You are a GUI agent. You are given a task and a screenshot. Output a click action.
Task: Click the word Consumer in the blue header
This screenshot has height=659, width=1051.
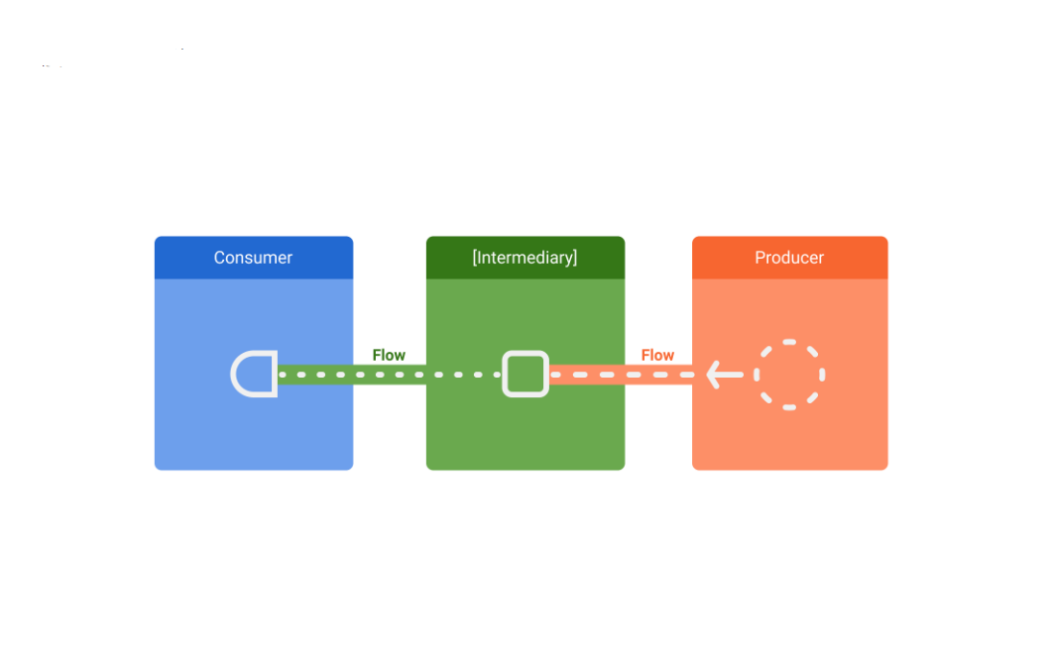253,258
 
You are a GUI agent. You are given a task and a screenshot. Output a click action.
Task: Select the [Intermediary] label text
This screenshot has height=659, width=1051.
525,258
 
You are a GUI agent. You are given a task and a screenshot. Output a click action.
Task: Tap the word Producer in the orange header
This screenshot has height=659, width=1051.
789,258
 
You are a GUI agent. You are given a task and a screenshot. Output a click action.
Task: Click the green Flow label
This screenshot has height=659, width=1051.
389,355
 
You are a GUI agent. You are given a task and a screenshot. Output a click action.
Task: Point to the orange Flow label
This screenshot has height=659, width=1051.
657,355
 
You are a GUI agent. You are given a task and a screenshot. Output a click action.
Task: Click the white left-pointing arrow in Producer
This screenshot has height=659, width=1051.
725,375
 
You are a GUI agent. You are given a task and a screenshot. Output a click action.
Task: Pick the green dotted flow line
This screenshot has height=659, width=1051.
389,375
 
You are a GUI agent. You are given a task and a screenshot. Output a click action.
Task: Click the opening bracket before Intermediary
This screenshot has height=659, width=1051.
475,258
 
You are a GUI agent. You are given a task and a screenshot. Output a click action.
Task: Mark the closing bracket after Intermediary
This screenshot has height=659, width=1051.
574,258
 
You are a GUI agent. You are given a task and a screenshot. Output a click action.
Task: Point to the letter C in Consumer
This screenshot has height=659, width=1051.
219,258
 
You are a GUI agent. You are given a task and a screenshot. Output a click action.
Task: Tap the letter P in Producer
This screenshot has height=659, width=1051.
760,258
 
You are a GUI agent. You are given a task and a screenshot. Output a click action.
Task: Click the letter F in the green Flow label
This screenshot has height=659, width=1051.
377,355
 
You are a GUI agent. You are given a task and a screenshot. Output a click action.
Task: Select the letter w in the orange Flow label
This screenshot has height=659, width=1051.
667,357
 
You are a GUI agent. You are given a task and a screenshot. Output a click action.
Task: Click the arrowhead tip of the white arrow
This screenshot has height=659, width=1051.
707,375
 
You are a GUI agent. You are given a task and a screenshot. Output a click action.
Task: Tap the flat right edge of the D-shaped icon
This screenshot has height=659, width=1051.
274,374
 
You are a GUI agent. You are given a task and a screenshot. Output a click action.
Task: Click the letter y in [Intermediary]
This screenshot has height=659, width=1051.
566,261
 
